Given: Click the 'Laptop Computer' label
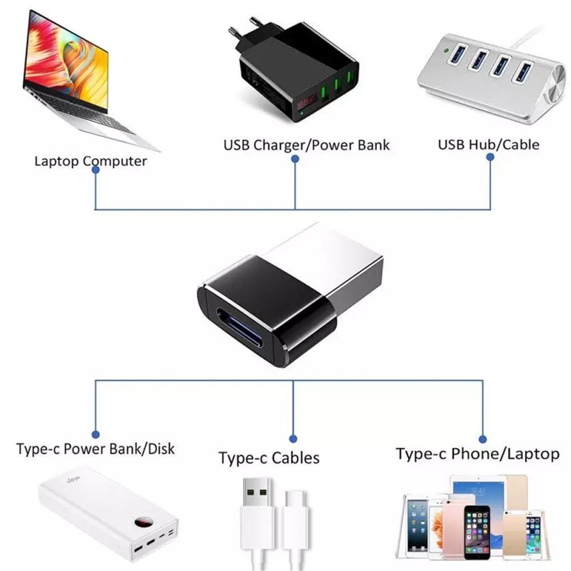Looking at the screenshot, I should point(90,160).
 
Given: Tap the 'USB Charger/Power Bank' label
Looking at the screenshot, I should point(306,144).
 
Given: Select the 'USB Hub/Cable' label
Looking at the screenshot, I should point(488,144).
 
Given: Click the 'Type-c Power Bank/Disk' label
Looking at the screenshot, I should point(95,448).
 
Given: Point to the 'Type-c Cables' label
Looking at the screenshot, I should point(269,457).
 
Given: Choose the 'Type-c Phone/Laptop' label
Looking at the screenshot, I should point(477,454).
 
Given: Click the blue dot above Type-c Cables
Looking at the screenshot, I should point(293,439).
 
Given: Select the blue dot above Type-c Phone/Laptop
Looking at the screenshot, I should point(482,439).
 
